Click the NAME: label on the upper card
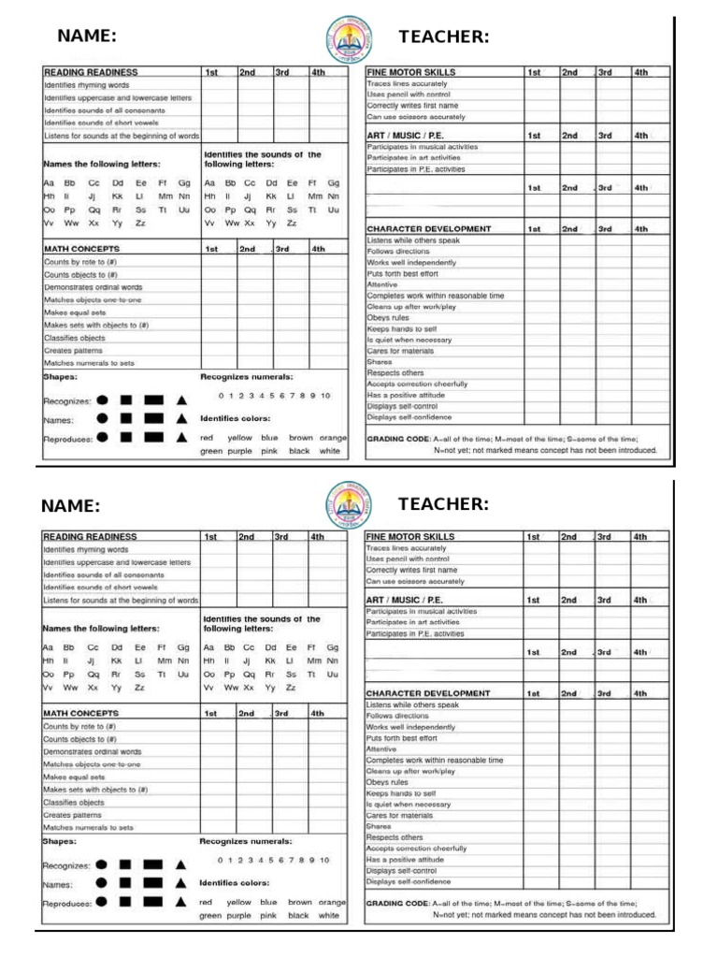[x=87, y=36]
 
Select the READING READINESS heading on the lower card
[x=91, y=537]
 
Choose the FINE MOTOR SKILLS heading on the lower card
[x=410, y=537]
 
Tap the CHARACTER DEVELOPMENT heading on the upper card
[x=428, y=228]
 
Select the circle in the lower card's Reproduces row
[x=102, y=902]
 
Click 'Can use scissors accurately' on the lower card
[x=414, y=581]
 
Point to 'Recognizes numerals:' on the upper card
[x=247, y=376]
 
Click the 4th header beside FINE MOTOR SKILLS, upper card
[x=640, y=72]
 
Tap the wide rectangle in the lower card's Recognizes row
[x=153, y=864]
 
